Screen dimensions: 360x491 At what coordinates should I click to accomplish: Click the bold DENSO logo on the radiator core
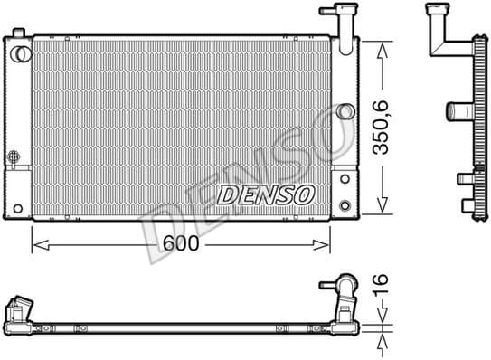coord(265,193)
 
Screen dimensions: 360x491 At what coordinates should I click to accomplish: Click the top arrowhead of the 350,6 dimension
coord(382,43)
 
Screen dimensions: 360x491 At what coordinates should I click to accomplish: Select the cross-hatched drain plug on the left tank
coord(14,157)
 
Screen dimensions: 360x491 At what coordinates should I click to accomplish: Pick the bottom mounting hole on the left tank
coord(17,209)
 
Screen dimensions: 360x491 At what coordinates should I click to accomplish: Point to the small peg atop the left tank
coord(17,33)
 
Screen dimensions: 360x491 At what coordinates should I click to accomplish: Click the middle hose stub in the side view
coord(455,113)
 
